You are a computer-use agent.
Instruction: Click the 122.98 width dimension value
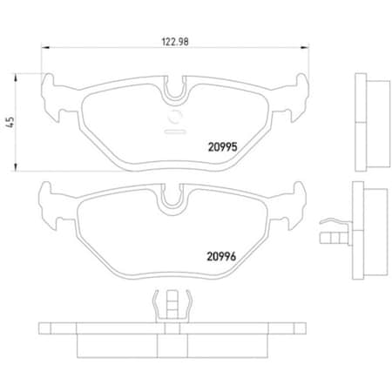click(175, 42)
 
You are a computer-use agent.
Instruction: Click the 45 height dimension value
click(10, 123)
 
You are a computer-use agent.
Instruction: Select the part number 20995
click(223, 147)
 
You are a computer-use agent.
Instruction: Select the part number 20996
click(221, 256)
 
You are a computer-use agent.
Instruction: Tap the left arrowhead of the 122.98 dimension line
click(45, 47)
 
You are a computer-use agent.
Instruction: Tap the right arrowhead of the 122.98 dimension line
click(305, 47)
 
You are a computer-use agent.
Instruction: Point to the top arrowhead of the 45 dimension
click(16, 78)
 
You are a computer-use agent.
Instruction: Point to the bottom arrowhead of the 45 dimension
click(16, 167)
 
